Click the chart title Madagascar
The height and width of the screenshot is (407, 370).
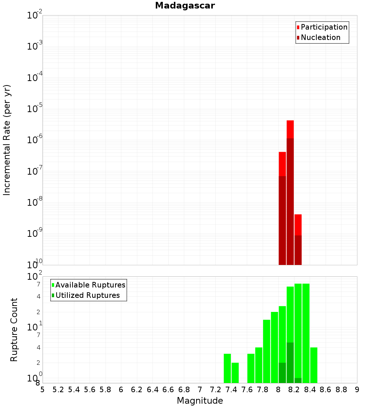tap(185, 6)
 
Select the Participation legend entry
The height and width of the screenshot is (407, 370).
tap(324, 27)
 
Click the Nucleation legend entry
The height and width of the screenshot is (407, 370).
tap(320, 37)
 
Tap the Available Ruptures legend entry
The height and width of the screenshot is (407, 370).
tap(90, 285)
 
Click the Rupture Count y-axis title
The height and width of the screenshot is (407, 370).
tap(14, 329)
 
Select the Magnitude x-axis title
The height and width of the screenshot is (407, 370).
tap(200, 401)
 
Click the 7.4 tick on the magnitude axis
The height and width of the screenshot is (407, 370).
tap(231, 390)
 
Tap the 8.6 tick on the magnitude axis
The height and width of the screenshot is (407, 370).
tap(326, 390)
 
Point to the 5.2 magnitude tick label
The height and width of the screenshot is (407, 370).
tap(58, 390)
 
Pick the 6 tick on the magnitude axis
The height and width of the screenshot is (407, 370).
tap(121, 390)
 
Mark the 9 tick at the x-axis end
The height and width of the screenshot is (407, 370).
tap(357, 390)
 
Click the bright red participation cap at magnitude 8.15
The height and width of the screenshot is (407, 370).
tap(290, 129)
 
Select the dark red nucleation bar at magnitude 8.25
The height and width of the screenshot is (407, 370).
tap(298, 250)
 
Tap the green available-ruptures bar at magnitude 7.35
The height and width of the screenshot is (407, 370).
tap(227, 368)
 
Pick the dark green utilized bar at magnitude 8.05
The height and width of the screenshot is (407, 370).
tap(282, 373)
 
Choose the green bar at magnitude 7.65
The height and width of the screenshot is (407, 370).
tap(251, 368)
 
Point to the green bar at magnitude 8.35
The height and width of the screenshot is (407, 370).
tap(306, 333)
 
